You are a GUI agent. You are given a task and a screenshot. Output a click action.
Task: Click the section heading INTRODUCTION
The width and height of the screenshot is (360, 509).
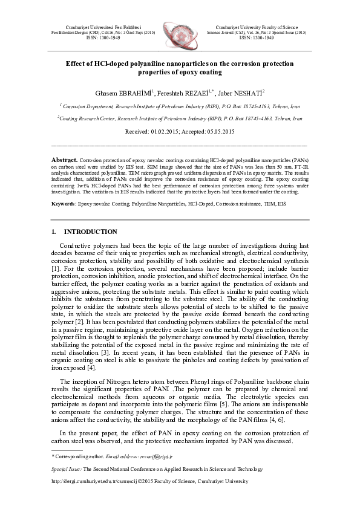[x=91, y=232]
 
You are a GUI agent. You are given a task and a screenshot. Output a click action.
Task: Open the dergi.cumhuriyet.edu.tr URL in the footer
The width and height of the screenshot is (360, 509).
[x=90, y=482]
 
